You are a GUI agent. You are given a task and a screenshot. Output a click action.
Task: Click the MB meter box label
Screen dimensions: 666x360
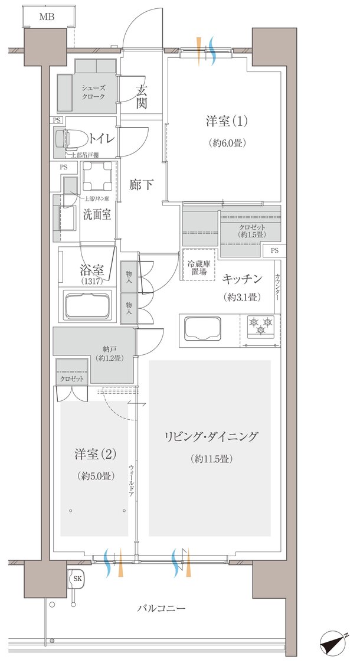(x=47, y=17)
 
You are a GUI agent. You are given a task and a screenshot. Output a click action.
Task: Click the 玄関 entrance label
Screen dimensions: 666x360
(x=142, y=97)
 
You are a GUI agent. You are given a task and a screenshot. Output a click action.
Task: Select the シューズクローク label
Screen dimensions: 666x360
(x=93, y=92)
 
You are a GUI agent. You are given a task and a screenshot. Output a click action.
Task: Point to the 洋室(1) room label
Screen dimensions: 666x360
(x=227, y=122)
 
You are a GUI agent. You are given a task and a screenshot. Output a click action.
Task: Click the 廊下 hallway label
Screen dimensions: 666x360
(x=142, y=185)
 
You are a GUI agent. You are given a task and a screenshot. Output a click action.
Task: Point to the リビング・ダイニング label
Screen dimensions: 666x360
(x=211, y=438)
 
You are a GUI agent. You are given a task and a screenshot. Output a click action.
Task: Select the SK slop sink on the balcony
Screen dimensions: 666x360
(x=77, y=579)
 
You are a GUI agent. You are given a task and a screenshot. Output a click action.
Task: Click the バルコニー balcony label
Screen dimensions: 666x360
(x=162, y=608)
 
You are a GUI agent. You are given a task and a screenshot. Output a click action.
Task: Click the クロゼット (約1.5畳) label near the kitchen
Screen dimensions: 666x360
(x=252, y=231)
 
